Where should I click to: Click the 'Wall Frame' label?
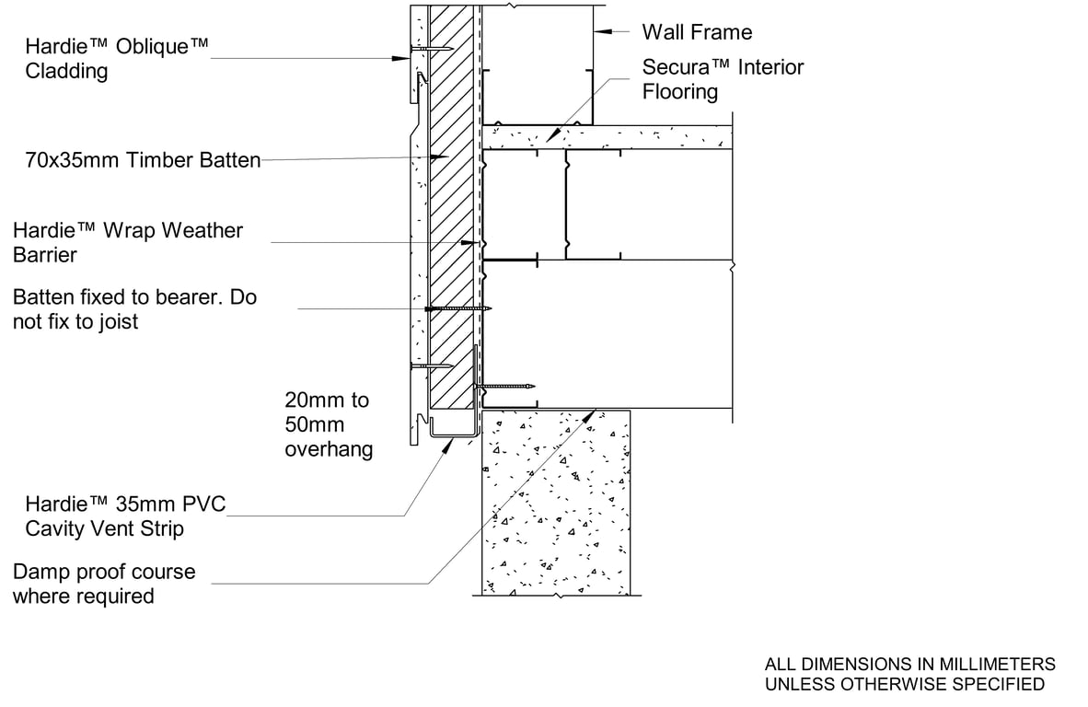pos(696,32)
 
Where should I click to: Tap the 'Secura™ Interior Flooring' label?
pos(723,79)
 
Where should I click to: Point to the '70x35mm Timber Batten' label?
pos(143,160)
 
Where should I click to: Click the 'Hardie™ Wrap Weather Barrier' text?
pos(128,242)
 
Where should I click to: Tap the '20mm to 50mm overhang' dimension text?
pos(329,424)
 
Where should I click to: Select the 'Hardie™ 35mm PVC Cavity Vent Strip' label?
pos(125,516)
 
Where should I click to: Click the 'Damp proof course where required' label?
pos(104,584)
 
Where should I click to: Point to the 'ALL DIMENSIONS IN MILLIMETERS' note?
pos(909,664)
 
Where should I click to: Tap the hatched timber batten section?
pos(452,230)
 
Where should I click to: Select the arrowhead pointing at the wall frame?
pos(599,32)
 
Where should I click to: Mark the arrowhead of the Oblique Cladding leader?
pos(403,58)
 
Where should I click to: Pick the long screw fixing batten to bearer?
pos(457,308)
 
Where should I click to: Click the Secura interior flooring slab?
pos(608,137)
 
